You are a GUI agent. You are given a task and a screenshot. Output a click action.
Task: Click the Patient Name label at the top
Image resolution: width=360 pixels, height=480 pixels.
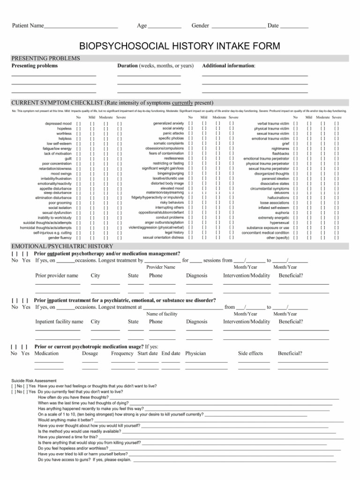point(27,25)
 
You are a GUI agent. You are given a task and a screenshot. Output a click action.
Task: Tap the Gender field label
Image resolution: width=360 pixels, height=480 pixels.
point(200,25)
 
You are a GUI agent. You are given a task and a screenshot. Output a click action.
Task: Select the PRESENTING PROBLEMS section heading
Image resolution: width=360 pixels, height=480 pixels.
point(45,59)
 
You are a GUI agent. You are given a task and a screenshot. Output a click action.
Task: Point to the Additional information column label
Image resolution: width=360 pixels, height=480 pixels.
point(229,66)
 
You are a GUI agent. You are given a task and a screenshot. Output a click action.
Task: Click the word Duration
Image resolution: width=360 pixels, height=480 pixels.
point(127,66)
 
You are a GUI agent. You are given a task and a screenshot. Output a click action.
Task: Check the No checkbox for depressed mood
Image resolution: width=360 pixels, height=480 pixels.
point(78,123)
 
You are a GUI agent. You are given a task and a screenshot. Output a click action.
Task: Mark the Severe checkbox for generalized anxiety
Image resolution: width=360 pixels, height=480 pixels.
point(232,123)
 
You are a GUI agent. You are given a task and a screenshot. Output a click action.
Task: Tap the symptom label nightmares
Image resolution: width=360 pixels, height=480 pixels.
point(280,149)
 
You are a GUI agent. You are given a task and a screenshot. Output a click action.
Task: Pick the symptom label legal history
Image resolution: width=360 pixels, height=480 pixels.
point(174,232)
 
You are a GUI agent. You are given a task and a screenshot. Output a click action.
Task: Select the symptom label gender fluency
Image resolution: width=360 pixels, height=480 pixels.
point(60,238)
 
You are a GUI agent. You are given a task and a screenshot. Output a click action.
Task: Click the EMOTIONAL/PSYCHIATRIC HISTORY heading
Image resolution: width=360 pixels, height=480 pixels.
point(62,246)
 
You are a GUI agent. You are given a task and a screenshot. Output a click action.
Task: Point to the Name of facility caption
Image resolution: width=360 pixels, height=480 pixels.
point(162,314)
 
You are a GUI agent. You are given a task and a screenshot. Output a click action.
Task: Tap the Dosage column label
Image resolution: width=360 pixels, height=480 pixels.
point(90,353)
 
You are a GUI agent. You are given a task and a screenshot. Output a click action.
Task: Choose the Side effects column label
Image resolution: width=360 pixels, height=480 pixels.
point(250,353)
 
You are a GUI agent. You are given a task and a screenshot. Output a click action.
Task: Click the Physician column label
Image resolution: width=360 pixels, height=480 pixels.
point(195,353)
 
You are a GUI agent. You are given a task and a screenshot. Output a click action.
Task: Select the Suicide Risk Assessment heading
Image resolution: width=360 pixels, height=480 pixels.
point(34,381)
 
